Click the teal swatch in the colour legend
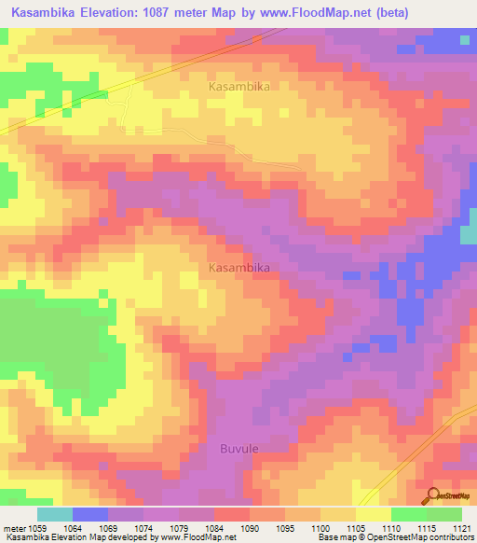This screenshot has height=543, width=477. point(55,514)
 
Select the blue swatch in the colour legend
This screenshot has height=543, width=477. point(90,514)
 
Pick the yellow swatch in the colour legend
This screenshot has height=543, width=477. point(374,514)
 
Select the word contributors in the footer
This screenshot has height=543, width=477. point(443,536)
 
